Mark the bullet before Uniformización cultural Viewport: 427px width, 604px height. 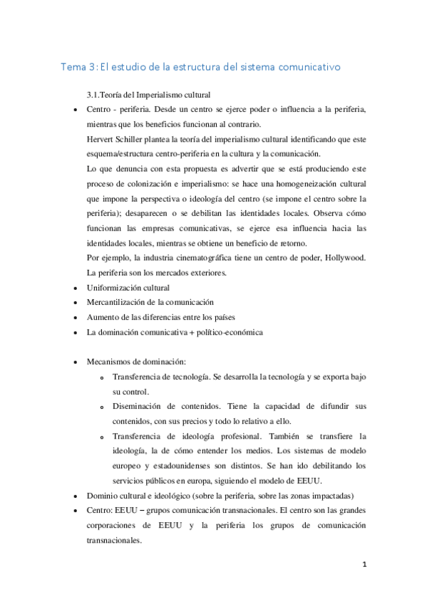click(76, 288)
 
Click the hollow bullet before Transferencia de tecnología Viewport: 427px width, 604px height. click(103, 377)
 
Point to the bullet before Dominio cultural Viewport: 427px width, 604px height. click(76, 496)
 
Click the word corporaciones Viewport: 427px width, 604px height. click(115, 525)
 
